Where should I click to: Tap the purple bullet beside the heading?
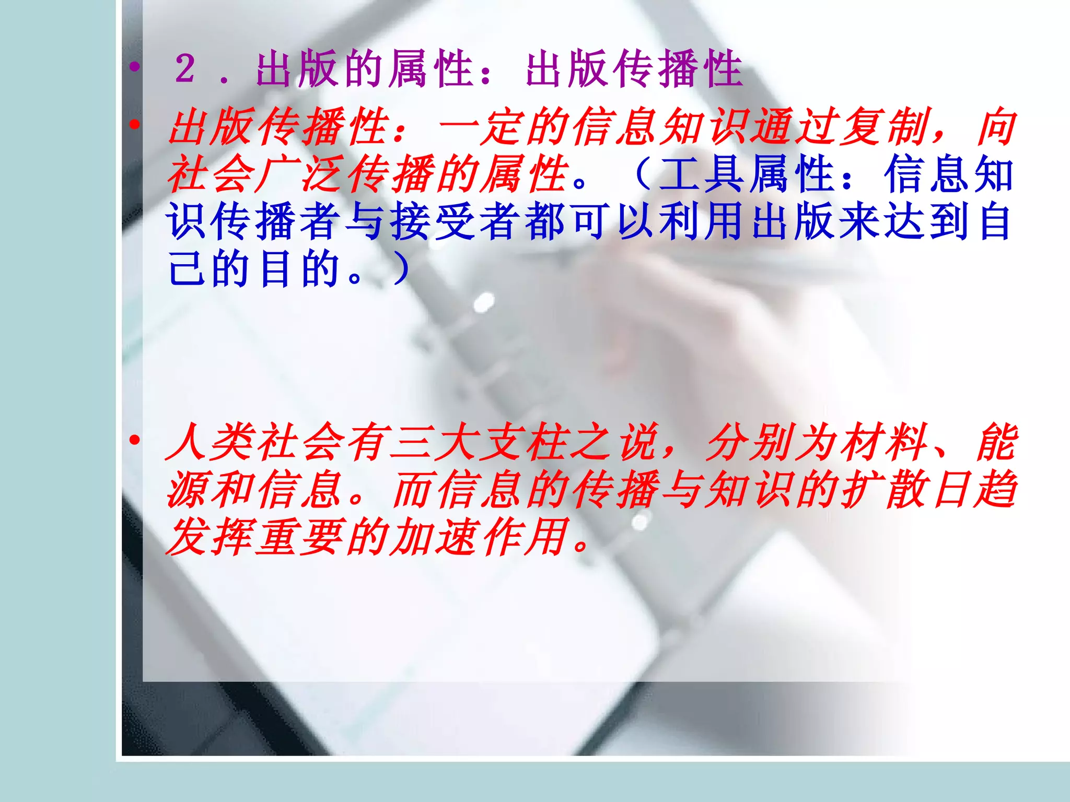point(135,66)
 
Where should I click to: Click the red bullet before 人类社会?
point(135,440)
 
